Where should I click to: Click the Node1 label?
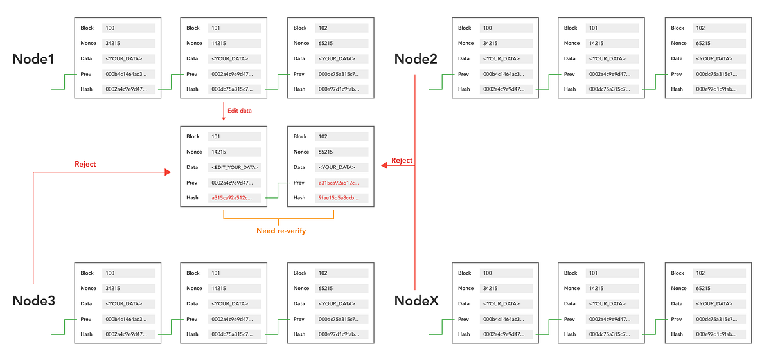[x=33, y=59]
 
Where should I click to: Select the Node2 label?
[x=416, y=59]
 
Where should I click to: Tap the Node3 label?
[x=33, y=301]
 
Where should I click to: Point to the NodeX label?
[x=416, y=301]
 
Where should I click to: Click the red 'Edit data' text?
[x=240, y=111]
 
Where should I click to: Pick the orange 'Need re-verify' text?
[x=281, y=231]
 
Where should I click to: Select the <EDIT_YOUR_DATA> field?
[x=235, y=167]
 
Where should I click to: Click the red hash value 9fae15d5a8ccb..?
[x=339, y=198]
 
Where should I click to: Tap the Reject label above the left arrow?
[x=85, y=164]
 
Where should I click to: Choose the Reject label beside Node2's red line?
[x=402, y=160]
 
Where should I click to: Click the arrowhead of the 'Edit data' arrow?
[x=224, y=118]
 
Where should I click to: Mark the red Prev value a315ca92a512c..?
[x=339, y=183]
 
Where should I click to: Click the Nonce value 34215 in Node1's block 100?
[x=113, y=44]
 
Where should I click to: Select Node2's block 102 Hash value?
[x=716, y=89]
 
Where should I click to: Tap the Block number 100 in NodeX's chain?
[x=488, y=273]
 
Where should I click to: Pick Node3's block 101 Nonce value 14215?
[x=219, y=289]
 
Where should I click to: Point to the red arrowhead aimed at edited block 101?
[x=168, y=172]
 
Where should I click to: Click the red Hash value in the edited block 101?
[x=231, y=198]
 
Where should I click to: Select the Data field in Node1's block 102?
[x=337, y=59]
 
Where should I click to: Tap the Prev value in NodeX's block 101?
[x=610, y=319]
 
